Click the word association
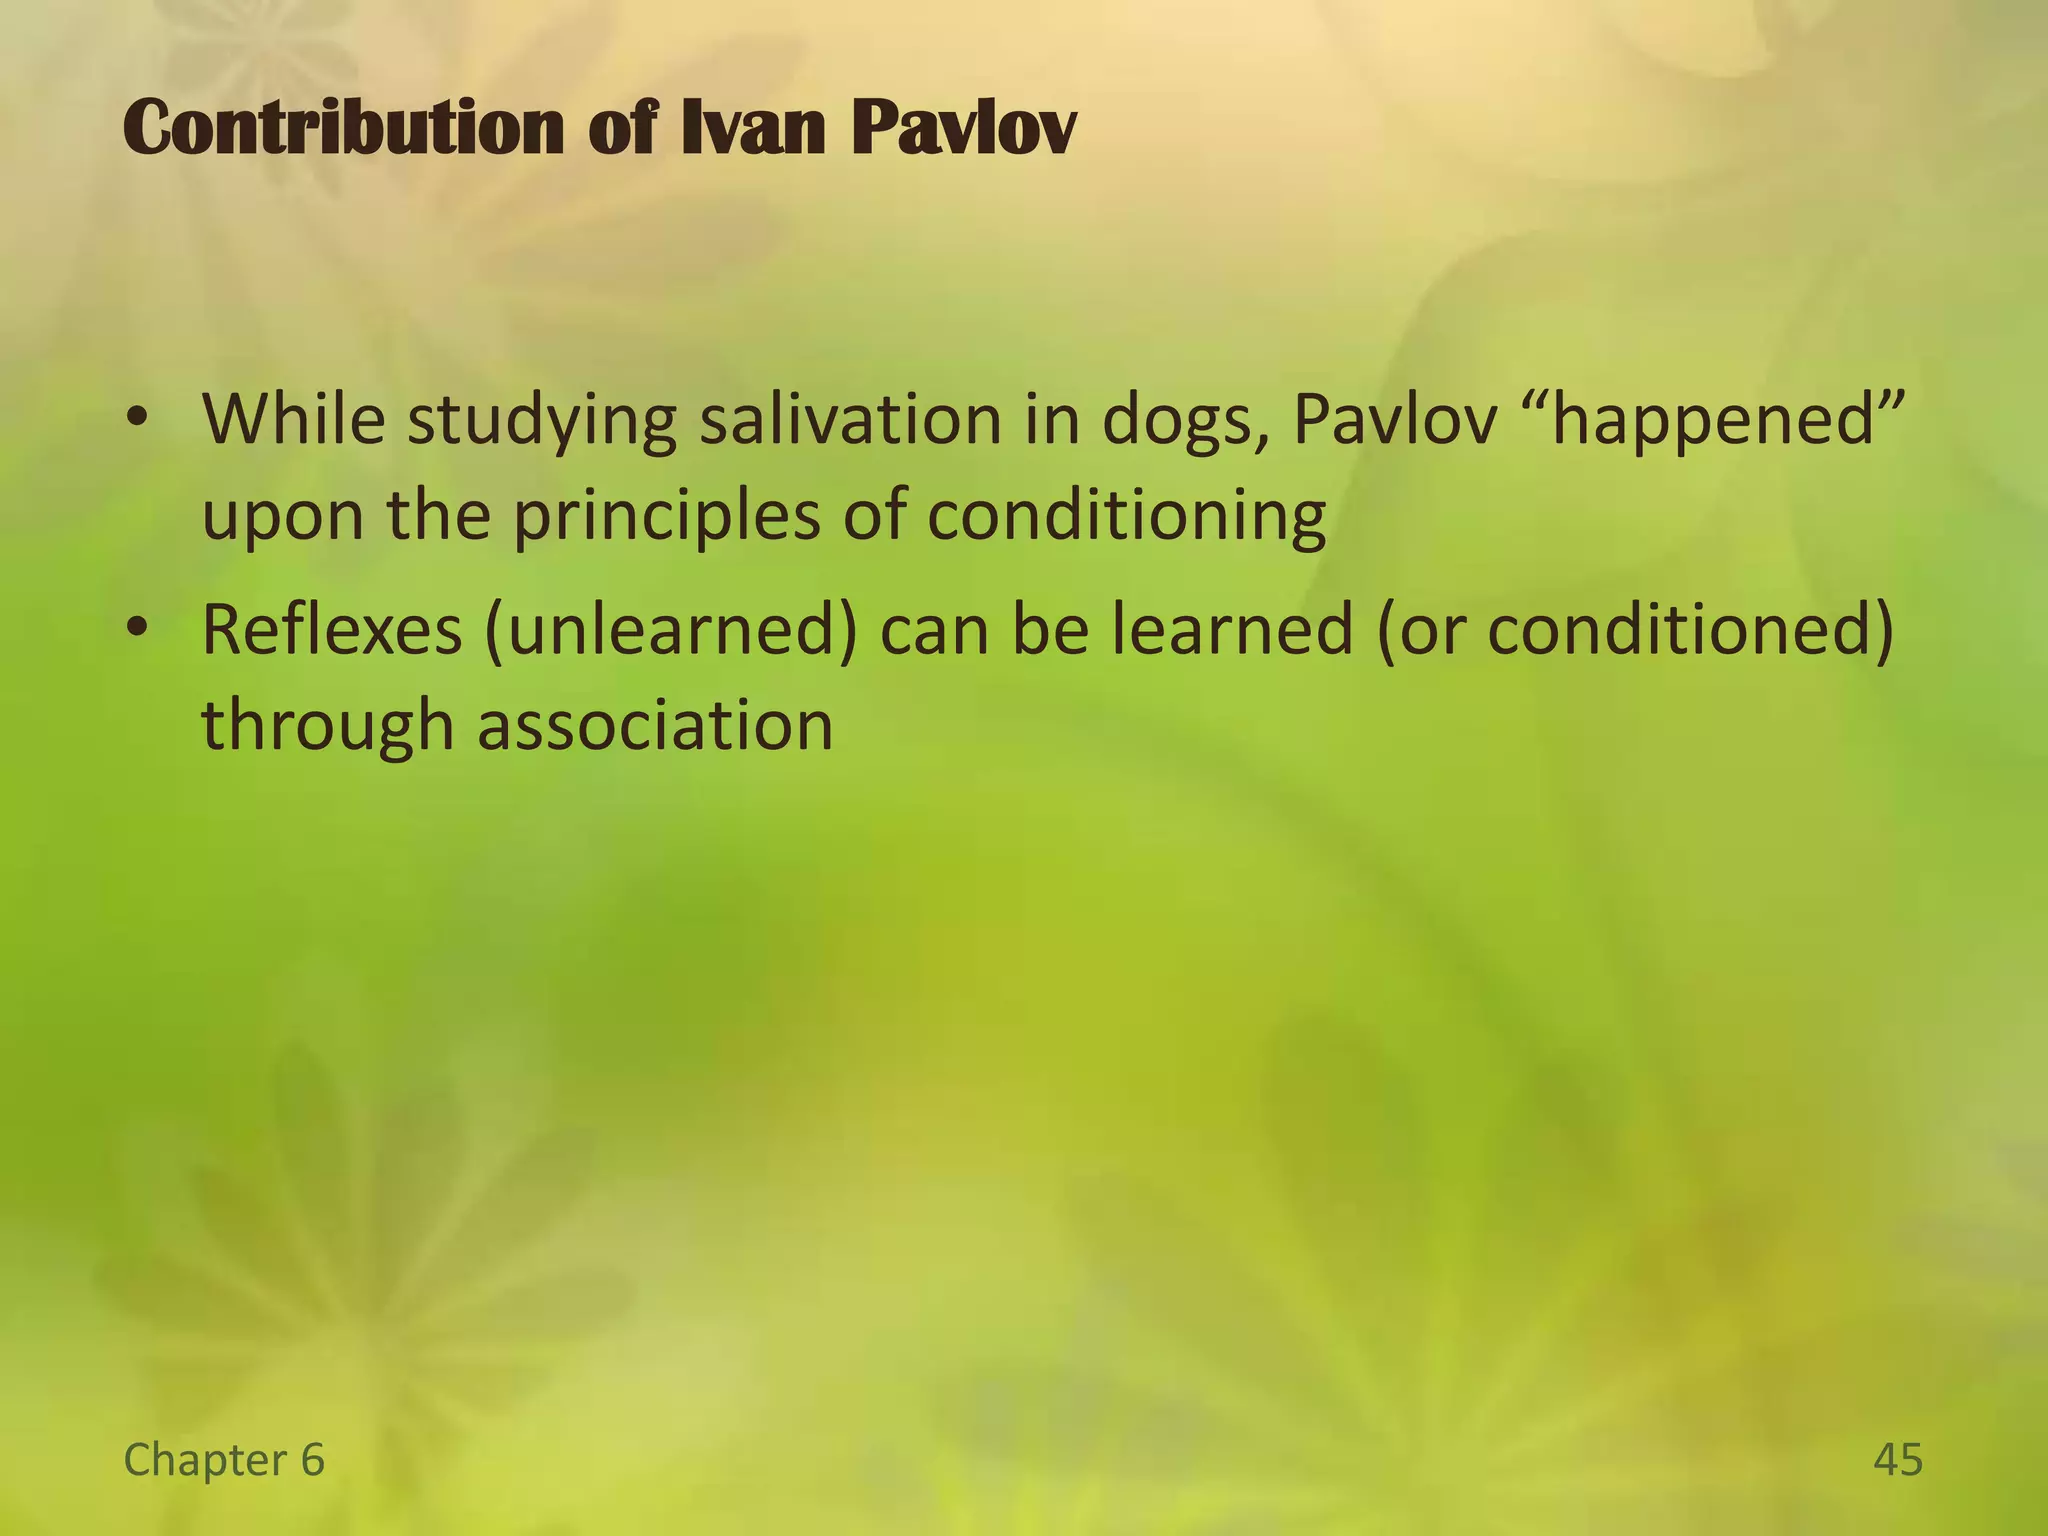655,725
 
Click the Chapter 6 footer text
224,1460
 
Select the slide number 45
1897,1460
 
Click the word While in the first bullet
293,419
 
